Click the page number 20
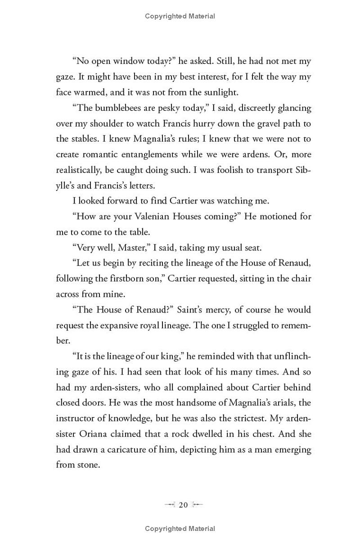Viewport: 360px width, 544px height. tap(183, 505)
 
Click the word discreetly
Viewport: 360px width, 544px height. tap(249, 108)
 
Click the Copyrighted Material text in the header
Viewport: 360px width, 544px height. tap(180, 16)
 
